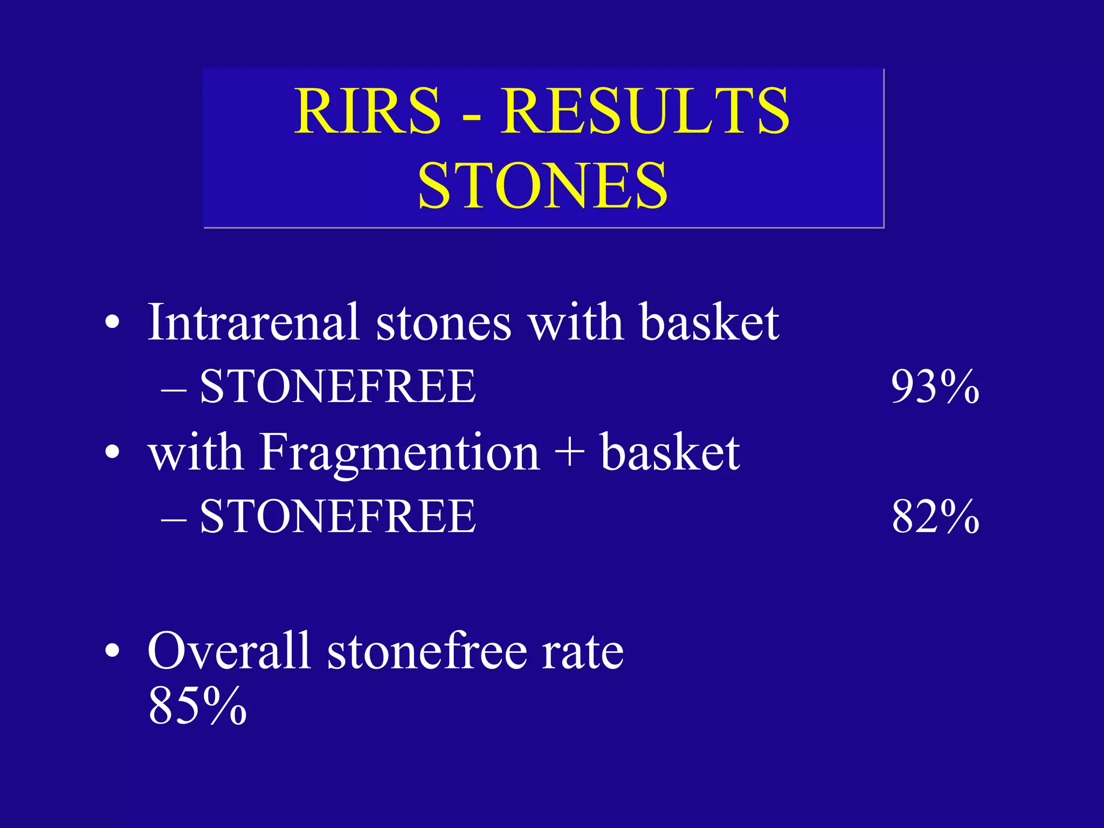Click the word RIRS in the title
[x=368, y=112]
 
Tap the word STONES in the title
[x=543, y=186]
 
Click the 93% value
[x=935, y=387]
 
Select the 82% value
[x=935, y=516]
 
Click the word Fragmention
[x=399, y=453]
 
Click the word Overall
[x=229, y=651]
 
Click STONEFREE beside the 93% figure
[x=337, y=387]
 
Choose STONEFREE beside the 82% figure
[x=337, y=516]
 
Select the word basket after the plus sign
[x=670, y=453]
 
